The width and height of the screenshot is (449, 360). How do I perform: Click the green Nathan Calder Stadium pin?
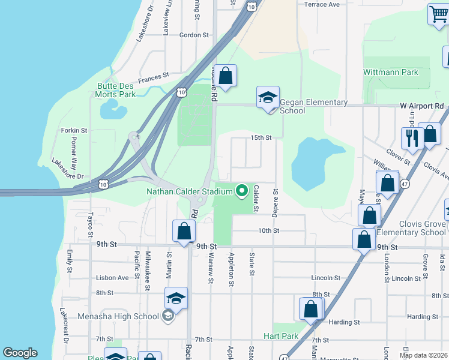pyautogui.click(x=243, y=191)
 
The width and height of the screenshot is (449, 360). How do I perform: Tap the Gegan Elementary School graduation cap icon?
pyautogui.click(x=268, y=98)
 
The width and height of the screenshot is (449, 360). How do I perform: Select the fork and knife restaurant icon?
pyautogui.click(x=412, y=138)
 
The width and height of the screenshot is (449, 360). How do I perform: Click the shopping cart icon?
pyautogui.click(x=438, y=13)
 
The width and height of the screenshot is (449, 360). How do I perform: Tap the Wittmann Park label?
pyautogui.click(x=390, y=72)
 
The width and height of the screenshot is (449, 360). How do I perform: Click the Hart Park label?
pyautogui.click(x=281, y=336)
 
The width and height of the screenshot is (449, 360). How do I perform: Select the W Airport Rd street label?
pyautogui.click(x=422, y=106)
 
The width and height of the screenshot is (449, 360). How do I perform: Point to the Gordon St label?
pyautogui.click(x=194, y=35)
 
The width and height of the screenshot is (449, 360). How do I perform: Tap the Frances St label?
pyautogui.click(x=154, y=77)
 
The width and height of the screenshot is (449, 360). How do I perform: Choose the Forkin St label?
pyautogui.click(x=74, y=130)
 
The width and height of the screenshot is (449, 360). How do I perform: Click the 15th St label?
pyautogui.click(x=261, y=137)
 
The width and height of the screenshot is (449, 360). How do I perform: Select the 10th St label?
pyautogui.click(x=268, y=230)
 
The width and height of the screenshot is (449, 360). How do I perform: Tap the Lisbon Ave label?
pyautogui.click(x=112, y=278)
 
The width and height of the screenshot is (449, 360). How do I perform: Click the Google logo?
pyautogui.click(x=20, y=353)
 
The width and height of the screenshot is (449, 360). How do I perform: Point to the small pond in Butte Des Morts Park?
pyautogui.click(x=110, y=109)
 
